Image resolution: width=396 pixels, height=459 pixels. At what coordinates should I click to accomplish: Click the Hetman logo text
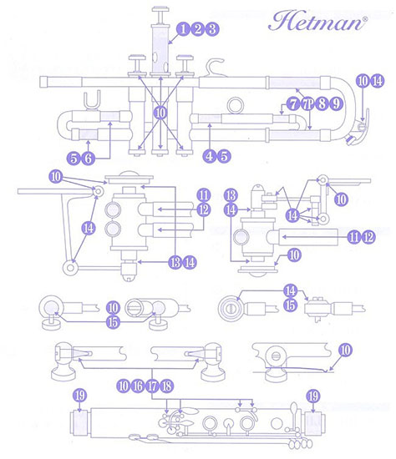tap(316, 21)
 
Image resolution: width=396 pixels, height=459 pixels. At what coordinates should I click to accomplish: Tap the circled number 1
tap(183, 29)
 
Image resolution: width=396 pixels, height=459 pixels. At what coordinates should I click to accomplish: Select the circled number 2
tap(197, 29)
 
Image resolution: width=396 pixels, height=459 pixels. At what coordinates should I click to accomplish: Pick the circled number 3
tap(212, 29)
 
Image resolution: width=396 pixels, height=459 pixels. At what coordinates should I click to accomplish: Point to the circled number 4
tap(210, 156)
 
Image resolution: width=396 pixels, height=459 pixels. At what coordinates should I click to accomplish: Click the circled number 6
tap(88, 159)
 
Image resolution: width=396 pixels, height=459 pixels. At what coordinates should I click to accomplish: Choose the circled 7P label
tap(307, 103)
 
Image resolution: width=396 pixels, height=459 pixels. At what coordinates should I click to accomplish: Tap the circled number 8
tap(322, 103)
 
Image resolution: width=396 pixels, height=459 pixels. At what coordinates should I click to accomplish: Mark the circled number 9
tap(336, 103)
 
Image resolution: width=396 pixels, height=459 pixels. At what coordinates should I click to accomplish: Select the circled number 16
tap(138, 386)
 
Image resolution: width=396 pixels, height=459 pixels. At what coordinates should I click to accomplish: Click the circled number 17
tap(152, 386)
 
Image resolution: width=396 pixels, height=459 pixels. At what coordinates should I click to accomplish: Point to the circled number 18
tap(166, 386)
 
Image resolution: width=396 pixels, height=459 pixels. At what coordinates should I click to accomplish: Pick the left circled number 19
tap(79, 396)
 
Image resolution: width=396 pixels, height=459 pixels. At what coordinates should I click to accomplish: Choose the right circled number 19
tap(313, 396)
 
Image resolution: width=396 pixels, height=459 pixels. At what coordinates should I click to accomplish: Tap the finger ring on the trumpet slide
tap(235, 105)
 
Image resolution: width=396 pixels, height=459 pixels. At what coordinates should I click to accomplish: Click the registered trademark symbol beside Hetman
tap(364, 19)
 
